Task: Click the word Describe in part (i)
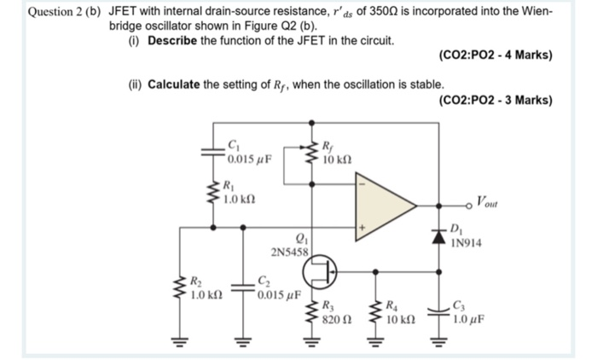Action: [174, 41]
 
